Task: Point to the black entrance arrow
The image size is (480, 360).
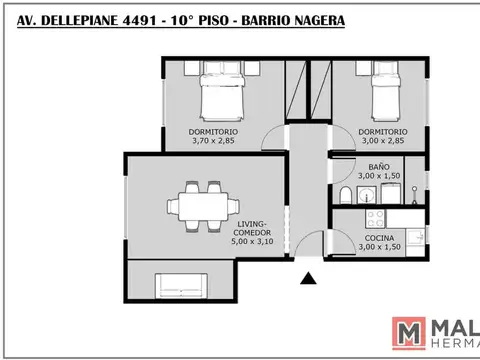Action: click(308, 281)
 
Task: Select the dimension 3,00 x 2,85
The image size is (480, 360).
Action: click(384, 141)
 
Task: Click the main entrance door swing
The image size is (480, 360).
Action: click(310, 244)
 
